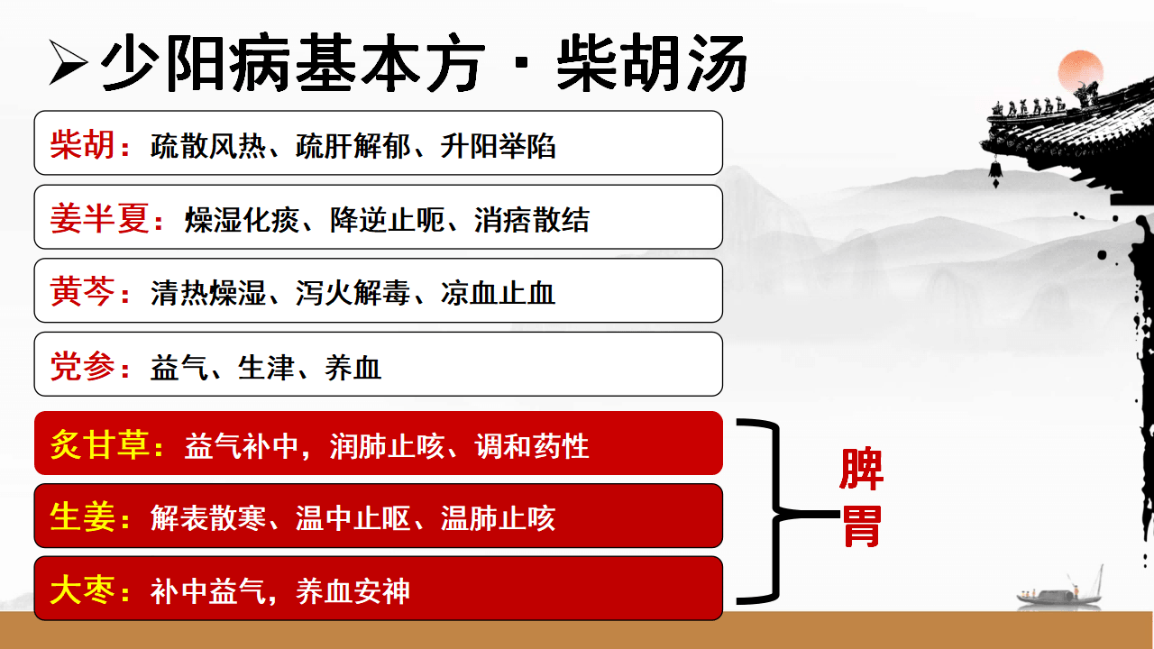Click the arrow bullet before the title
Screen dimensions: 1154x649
[x=69, y=62]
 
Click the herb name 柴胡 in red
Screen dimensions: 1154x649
[x=82, y=145]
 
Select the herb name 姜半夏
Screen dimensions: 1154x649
[x=99, y=218]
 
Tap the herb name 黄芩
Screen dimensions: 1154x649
[x=82, y=291]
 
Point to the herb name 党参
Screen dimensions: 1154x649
[x=82, y=366]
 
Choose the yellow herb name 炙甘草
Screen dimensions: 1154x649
[x=99, y=444]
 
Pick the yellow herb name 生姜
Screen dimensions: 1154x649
[x=82, y=517]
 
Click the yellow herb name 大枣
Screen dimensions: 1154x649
[x=82, y=590]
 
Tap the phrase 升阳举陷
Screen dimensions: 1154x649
[x=498, y=146]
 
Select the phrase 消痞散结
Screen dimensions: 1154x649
[x=532, y=220]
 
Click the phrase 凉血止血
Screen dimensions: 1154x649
[x=498, y=293]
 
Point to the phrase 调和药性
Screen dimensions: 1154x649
[x=532, y=446]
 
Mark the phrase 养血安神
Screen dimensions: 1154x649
[x=353, y=591]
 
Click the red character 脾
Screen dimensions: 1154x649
[x=861, y=469]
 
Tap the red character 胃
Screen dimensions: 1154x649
[x=861, y=526]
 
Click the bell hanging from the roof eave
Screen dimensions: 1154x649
[x=995, y=170]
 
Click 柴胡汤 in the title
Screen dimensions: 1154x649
[x=652, y=63]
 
